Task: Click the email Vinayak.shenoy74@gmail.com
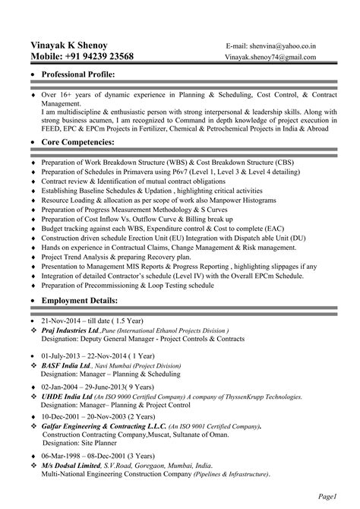pyautogui.click(x=275, y=58)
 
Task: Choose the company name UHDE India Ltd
pyautogui.click(x=67, y=396)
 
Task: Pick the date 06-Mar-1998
pyautogui.click(x=65, y=456)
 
